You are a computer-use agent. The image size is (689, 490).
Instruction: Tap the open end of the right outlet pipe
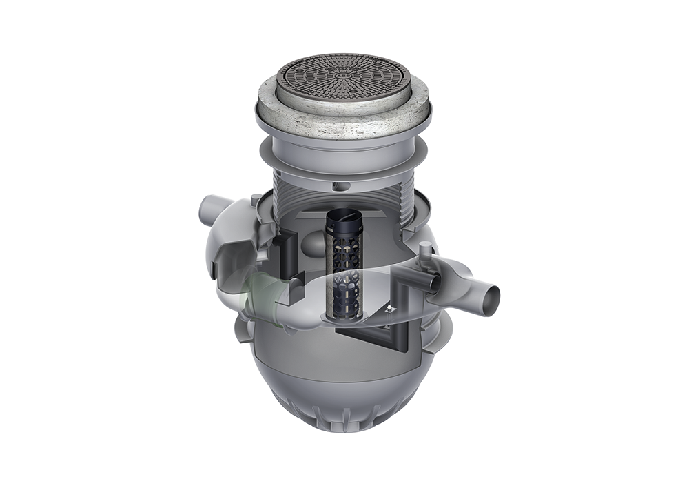(491, 300)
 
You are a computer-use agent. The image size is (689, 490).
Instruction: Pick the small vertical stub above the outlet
(425, 256)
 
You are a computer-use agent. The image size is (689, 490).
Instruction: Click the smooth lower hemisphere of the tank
(331, 372)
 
